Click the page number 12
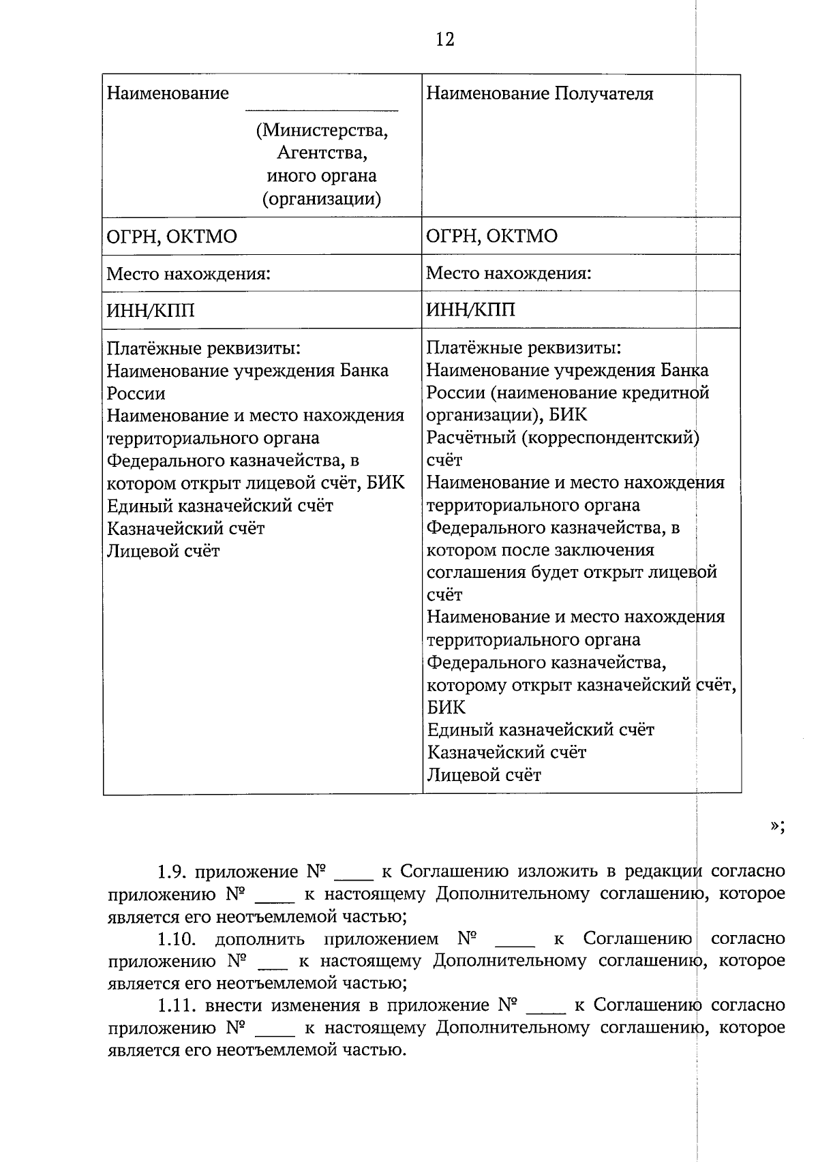pos(444,40)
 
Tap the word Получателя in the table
pos(604,93)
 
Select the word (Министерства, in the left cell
pos(322,130)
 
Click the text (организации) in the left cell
pos(322,199)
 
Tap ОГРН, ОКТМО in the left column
pos(172,236)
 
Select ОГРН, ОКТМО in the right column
pos(491,236)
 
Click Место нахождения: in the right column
pos(509,274)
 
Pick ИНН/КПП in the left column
pos(151,311)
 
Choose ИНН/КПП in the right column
pos(470,311)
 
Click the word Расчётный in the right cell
pos(471,438)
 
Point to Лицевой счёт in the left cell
pos(164,551)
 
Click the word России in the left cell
pos(136,393)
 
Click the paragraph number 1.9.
pos(172,872)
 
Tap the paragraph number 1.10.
pos(177,939)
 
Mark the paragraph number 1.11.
pos(177,1006)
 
